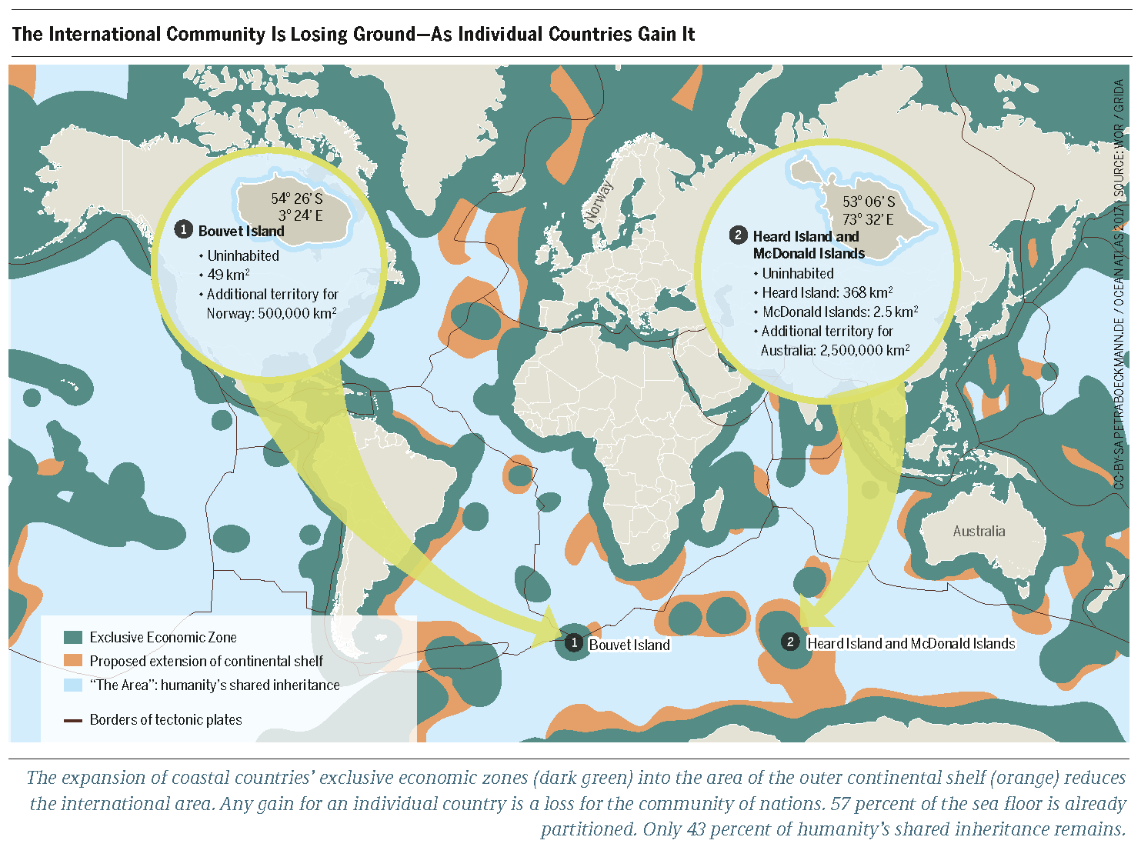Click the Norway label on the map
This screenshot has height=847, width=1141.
(599, 202)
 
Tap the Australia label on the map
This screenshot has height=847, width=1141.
(979, 531)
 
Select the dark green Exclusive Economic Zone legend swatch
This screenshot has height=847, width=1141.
(73, 637)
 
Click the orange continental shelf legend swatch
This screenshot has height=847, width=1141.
(73, 661)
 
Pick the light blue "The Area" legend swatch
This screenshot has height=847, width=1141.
(73, 685)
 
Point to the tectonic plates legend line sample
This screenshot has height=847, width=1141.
(73, 720)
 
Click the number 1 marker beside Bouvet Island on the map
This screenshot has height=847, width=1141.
(573, 642)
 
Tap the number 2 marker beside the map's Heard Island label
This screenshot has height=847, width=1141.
(790, 642)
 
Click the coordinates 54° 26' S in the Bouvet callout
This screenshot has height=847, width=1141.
(296, 198)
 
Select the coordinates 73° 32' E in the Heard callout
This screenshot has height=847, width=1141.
(868, 219)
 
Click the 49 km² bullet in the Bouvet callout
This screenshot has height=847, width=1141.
(228, 275)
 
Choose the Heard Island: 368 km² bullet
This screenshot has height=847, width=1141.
(827, 293)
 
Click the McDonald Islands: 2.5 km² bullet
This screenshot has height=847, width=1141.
(839, 312)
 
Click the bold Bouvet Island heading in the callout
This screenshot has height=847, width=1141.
(241, 231)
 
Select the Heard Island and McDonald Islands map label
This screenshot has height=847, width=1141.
(911, 643)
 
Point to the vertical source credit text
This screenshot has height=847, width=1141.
(1119, 285)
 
